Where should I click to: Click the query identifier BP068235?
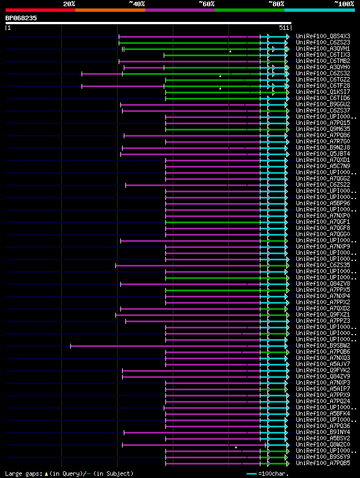(x=21, y=18)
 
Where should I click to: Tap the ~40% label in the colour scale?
(x=137, y=4)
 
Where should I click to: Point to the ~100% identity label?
(x=344, y=4)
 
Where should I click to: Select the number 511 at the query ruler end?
(x=283, y=28)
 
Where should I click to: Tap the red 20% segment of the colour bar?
(x=40, y=10)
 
